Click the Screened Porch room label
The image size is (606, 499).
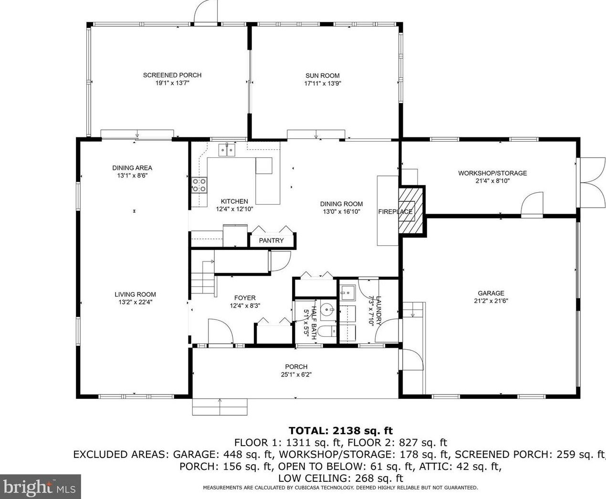tap(172, 75)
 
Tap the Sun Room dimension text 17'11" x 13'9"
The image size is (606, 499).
tap(323, 83)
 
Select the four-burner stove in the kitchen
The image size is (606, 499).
tap(199, 185)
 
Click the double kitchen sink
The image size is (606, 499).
tap(227, 150)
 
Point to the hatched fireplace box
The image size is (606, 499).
tap(410, 211)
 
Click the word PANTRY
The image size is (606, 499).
tap(272, 240)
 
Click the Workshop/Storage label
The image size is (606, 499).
tap(492, 173)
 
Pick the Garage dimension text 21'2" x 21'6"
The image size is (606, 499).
tap(491, 301)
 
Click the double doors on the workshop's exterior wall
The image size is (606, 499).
tap(591, 182)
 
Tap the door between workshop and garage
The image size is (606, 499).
tap(532, 205)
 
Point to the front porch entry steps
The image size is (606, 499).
tap(219, 406)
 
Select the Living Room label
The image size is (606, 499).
tap(135, 294)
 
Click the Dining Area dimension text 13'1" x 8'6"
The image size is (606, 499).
tap(132, 176)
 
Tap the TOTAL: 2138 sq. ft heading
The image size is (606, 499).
tap(341, 431)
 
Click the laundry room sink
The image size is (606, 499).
tap(348, 293)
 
